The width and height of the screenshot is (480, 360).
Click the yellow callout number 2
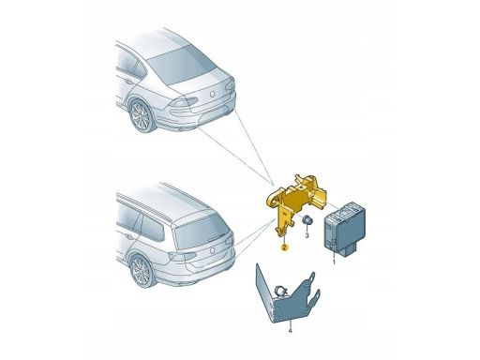(282, 247)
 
